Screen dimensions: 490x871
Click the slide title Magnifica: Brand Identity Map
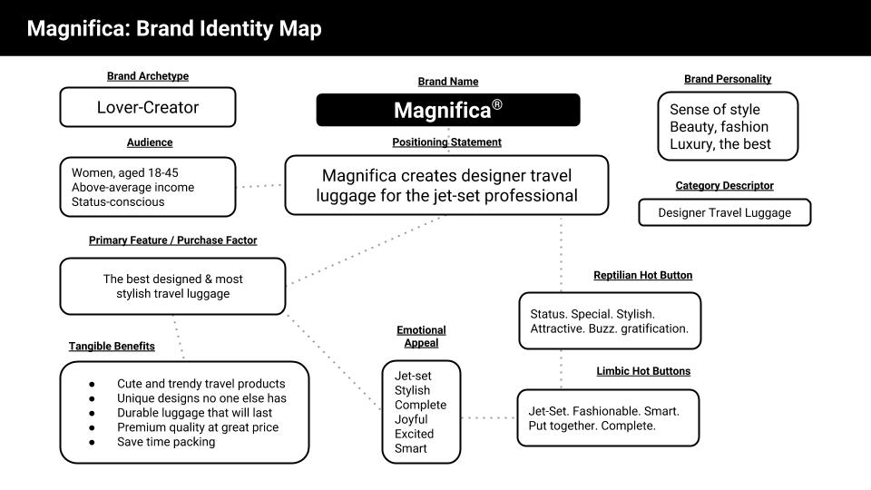[x=173, y=29]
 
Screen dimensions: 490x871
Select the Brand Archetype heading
[x=147, y=76]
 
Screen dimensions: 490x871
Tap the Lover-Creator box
[x=148, y=107]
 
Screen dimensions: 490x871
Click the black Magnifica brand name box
[x=447, y=110]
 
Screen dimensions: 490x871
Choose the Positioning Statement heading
[x=446, y=142]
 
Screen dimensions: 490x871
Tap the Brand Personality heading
[x=727, y=79]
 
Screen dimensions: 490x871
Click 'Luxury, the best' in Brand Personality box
[x=719, y=143]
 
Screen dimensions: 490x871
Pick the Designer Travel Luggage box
[x=724, y=212]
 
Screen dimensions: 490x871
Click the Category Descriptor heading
[x=724, y=185]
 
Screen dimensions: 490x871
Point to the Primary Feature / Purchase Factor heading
[x=172, y=240]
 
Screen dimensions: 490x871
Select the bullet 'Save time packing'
[x=166, y=442]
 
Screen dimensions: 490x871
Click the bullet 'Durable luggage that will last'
[x=195, y=413]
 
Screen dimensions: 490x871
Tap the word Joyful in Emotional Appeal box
[x=411, y=419]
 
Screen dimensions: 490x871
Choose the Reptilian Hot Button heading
[x=642, y=275]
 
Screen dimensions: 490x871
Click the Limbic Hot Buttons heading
[x=642, y=371]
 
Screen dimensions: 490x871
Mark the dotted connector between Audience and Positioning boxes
[x=260, y=185]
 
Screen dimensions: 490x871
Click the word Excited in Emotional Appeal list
[x=413, y=434]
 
